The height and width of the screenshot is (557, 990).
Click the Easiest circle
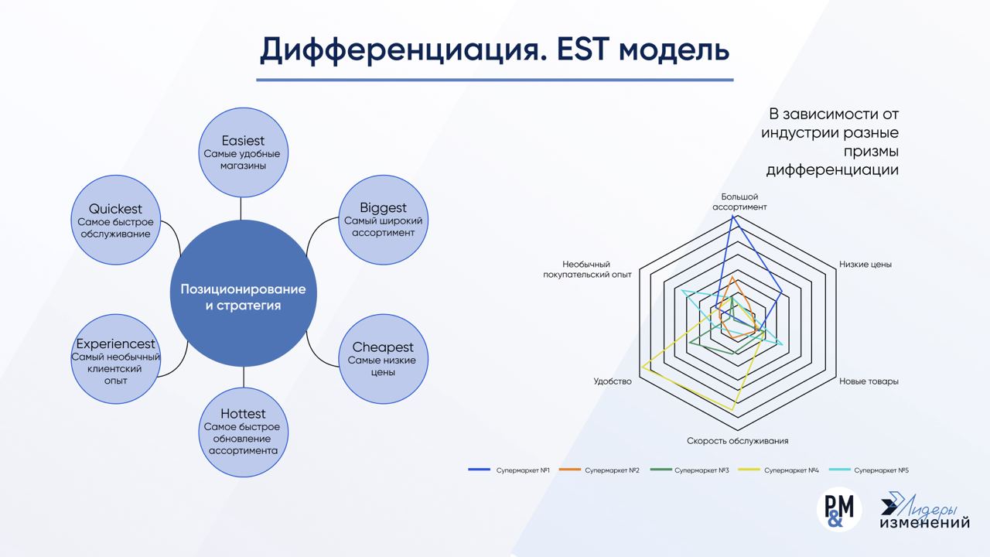[x=243, y=153]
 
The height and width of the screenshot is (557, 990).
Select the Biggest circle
[x=383, y=220]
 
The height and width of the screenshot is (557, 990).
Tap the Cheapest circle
[x=383, y=359]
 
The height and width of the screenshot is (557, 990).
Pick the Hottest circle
[x=243, y=430]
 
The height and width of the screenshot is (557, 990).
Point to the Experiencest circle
[x=115, y=358]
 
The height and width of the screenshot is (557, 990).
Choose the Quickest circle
[x=115, y=220]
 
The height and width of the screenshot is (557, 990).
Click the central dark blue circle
[x=243, y=297]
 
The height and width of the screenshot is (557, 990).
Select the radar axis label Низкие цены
[x=865, y=265]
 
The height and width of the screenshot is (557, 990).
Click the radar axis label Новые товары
[x=869, y=381]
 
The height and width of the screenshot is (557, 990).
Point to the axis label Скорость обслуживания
[x=737, y=441]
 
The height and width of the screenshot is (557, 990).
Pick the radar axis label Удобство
[x=613, y=381]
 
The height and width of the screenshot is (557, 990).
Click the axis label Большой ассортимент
[x=739, y=202]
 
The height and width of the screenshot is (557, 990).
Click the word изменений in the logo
[x=924, y=524]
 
